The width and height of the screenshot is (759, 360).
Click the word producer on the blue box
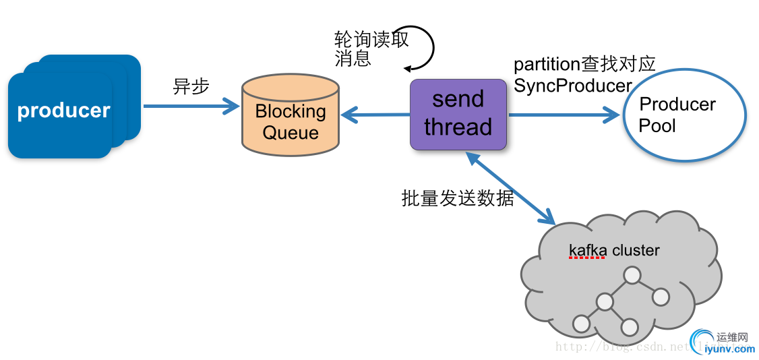(x=63, y=111)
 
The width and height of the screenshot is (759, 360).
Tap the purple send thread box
(x=458, y=114)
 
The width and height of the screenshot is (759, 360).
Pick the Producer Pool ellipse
(x=683, y=115)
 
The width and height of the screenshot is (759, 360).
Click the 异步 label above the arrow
(x=191, y=86)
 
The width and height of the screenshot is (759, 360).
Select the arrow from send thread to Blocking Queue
(x=375, y=115)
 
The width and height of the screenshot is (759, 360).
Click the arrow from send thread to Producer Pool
(x=564, y=115)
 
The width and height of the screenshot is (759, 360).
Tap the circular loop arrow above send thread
(x=423, y=47)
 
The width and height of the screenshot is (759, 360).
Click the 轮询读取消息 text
(x=370, y=49)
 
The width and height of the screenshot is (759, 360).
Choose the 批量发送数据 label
(x=458, y=198)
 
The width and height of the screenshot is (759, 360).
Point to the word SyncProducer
(x=573, y=86)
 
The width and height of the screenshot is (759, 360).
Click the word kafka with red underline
(x=588, y=251)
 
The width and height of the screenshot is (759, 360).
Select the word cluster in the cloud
(x=636, y=251)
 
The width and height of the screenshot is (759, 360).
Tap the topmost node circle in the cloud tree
(x=632, y=275)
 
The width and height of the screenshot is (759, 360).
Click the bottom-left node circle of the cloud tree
(x=580, y=325)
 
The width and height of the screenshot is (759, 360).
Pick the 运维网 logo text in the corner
(x=733, y=337)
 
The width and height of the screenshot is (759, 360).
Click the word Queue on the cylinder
(x=291, y=132)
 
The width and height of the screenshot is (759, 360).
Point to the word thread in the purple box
(x=458, y=127)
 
